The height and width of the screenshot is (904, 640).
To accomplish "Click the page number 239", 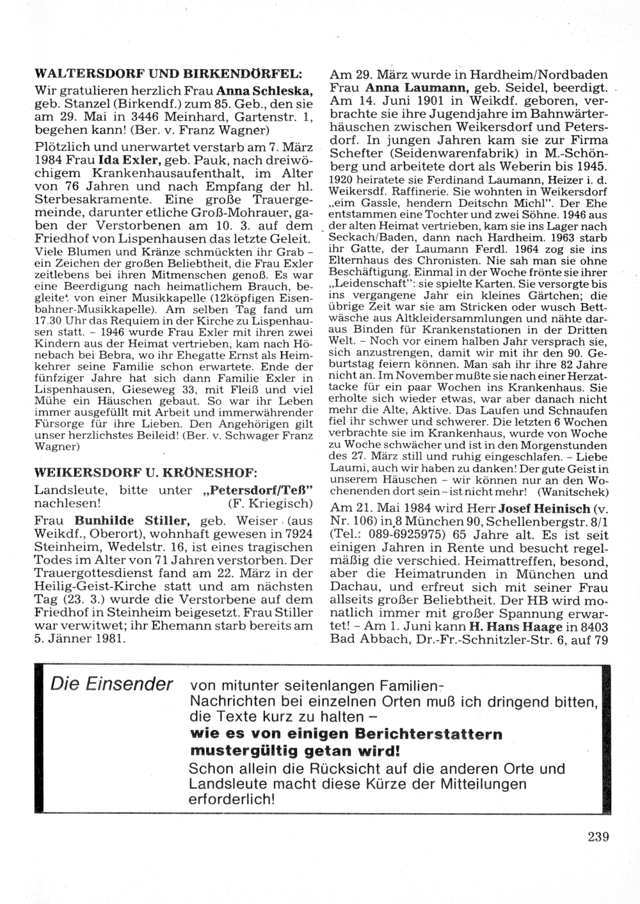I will click(x=597, y=836).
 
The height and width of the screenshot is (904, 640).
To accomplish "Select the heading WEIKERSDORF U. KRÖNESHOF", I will click(x=146, y=473).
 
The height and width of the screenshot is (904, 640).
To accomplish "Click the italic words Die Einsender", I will click(x=112, y=683).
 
